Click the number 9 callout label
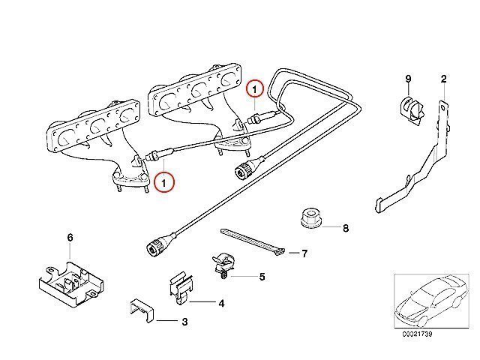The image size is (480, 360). coord(408,79)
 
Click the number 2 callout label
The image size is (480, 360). coord(443,79)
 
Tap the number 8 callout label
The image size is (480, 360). coord(346,228)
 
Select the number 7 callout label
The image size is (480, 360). coord(304,253)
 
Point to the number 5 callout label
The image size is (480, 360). coord(262,277)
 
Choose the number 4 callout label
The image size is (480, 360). coord(222,303)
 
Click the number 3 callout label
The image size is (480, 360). coord(184,322)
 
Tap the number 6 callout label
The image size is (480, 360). coord(70,237)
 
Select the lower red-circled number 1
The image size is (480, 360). coord(164,183)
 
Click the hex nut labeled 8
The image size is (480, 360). coord(310,218)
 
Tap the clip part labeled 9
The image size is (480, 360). coord(412,111)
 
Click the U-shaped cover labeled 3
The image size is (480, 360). coord(141,310)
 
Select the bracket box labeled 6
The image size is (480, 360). coord(71,283)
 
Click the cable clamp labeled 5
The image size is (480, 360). coord(223,265)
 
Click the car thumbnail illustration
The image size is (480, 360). coord(431,301)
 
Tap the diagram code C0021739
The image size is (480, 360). coord(417,334)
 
